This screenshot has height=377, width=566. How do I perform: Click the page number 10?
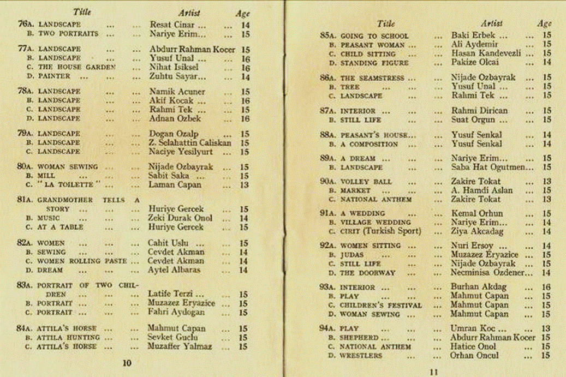click(x=127, y=363)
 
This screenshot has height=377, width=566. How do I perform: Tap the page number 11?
click(x=434, y=373)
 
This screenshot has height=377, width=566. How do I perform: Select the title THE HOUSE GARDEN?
click(x=77, y=67)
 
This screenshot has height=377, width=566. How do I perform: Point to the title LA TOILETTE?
click(x=69, y=185)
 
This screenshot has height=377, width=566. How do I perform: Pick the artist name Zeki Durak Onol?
click(x=181, y=218)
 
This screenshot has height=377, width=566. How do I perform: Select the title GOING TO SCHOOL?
click(x=374, y=36)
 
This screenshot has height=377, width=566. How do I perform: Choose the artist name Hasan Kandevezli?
click(x=485, y=54)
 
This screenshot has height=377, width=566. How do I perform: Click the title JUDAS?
click(x=351, y=255)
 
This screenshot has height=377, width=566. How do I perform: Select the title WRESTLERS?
click(x=361, y=356)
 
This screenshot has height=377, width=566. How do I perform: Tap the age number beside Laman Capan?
click(x=244, y=185)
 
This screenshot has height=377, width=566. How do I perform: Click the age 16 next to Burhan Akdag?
click(x=546, y=287)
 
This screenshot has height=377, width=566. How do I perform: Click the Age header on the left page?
click(x=242, y=14)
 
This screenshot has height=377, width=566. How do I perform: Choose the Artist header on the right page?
click(x=491, y=23)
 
